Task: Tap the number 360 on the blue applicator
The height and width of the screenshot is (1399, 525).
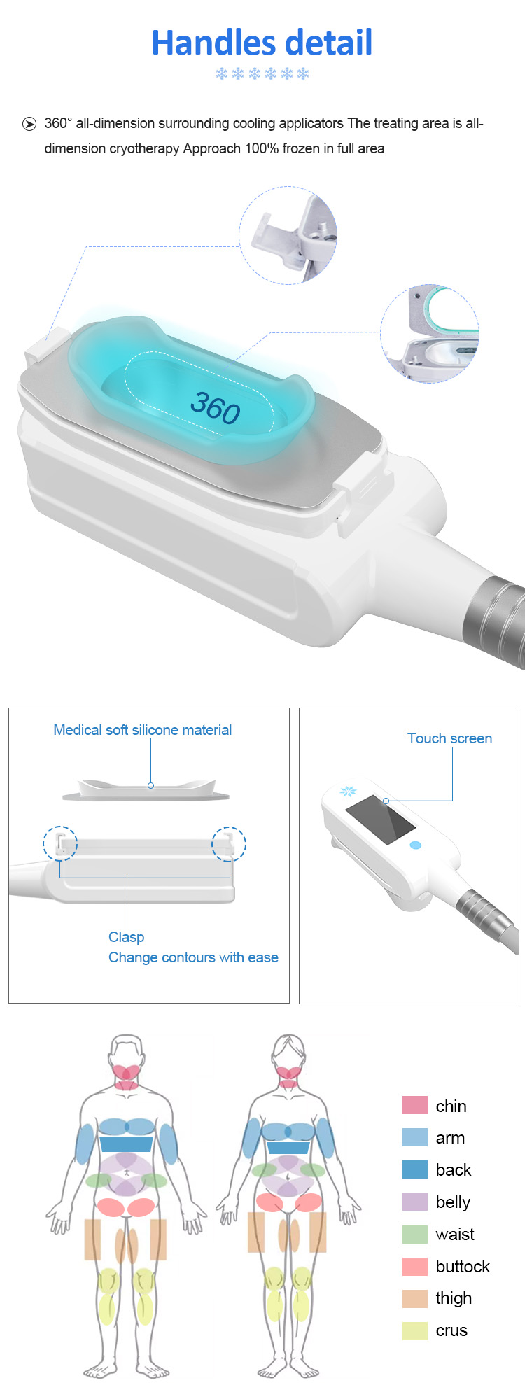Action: (216, 407)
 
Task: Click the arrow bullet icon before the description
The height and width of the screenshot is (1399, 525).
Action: (29, 124)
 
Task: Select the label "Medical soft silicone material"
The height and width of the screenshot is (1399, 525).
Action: (142, 730)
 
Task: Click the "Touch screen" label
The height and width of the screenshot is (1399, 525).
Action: (449, 738)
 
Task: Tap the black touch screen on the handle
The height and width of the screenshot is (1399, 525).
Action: (381, 819)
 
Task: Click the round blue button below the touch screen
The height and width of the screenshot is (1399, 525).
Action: (416, 845)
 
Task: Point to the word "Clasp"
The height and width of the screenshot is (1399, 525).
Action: (126, 937)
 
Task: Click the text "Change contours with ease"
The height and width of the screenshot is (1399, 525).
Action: (193, 957)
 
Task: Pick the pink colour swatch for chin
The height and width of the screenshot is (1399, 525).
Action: (415, 1105)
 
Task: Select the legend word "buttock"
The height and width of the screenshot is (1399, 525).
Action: (463, 1266)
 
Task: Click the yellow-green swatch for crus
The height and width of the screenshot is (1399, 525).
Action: (415, 1330)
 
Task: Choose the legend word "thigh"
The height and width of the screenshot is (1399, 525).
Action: (454, 1299)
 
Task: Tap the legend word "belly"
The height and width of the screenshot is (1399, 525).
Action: (453, 1202)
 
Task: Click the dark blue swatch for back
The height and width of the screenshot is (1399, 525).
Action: (415, 1169)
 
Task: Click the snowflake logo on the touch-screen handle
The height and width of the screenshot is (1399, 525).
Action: (348, 792)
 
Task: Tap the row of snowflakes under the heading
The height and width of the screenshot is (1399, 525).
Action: (262, 73)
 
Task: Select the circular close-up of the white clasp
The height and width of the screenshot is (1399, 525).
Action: (288, 235)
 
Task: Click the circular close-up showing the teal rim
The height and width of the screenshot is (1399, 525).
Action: (430, 333)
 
